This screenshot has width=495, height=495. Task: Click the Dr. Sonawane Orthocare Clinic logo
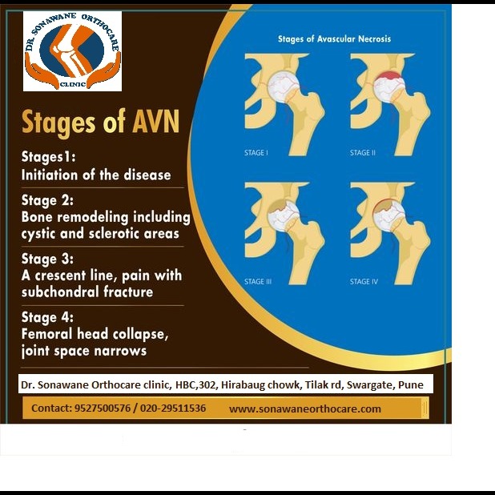pos(72,51)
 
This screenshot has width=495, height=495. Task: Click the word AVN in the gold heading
pos(156,122)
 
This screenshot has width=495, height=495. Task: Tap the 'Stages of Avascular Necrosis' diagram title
pos(334,38)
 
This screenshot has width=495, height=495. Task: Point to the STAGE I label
pos(256,153)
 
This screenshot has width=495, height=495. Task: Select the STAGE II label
pos(362,153)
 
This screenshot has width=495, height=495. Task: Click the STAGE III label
pos(258,282)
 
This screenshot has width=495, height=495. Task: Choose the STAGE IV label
pos(364,282)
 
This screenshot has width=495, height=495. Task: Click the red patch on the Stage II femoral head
pos(390,76)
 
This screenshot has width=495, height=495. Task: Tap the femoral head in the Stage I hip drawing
pos(284,86)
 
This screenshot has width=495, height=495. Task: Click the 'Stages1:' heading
pos(49,157)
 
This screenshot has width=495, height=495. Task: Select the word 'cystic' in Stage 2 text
pos(38,234)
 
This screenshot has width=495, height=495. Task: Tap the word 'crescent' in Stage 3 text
pos(60,276)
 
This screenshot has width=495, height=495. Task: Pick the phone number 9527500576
pos(103,408)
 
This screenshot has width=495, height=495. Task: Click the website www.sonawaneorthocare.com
pos(305,409)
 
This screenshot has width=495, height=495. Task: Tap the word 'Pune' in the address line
pos(411,384)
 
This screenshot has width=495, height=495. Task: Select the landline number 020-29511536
pos(173,408)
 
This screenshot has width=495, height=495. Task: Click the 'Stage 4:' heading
pos(47,317)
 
